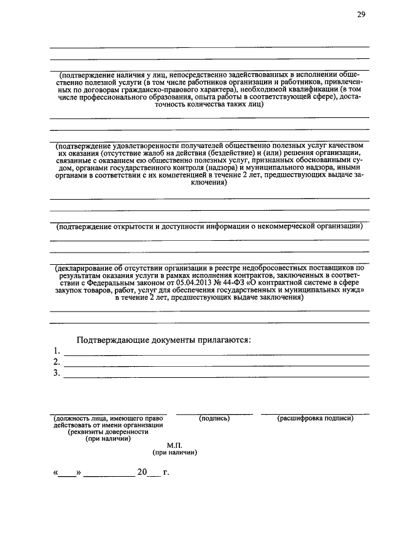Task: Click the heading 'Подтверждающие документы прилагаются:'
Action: pyautogui.click(x=163, y=340)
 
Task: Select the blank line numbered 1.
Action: pyautogui.click(x=215, y=353)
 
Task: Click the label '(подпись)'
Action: pyautogui.click(x=214, y=418)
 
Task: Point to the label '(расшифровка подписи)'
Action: pyautogui.click(x=315, y=418)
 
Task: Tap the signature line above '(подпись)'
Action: pyautogui.click(x=214, y=413)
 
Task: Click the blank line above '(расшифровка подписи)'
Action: pyautogui.click(x=315, y=413)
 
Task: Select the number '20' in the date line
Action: pyautogui.click(x=142, y=473)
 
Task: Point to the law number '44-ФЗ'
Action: pyautogui.click(x=225, y=283)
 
